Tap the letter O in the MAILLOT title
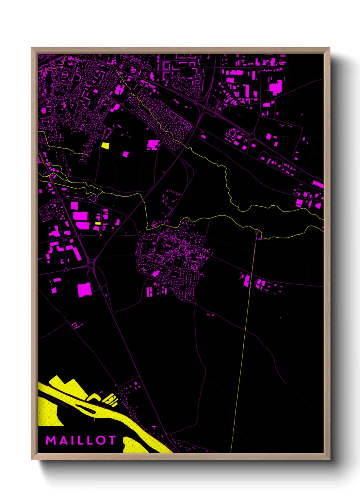[x=101, y=440]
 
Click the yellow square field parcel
[x=105, y=146]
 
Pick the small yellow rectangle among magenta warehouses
[x=98, y=223]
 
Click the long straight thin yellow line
[x=243, y=341]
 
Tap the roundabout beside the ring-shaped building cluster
[x=252, y=136]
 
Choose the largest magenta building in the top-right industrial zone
[x=276, y=88]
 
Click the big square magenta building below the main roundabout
[x=84, y=290]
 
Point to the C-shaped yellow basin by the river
[x=94, y=397]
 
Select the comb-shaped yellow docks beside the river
[x=111, y=399]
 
